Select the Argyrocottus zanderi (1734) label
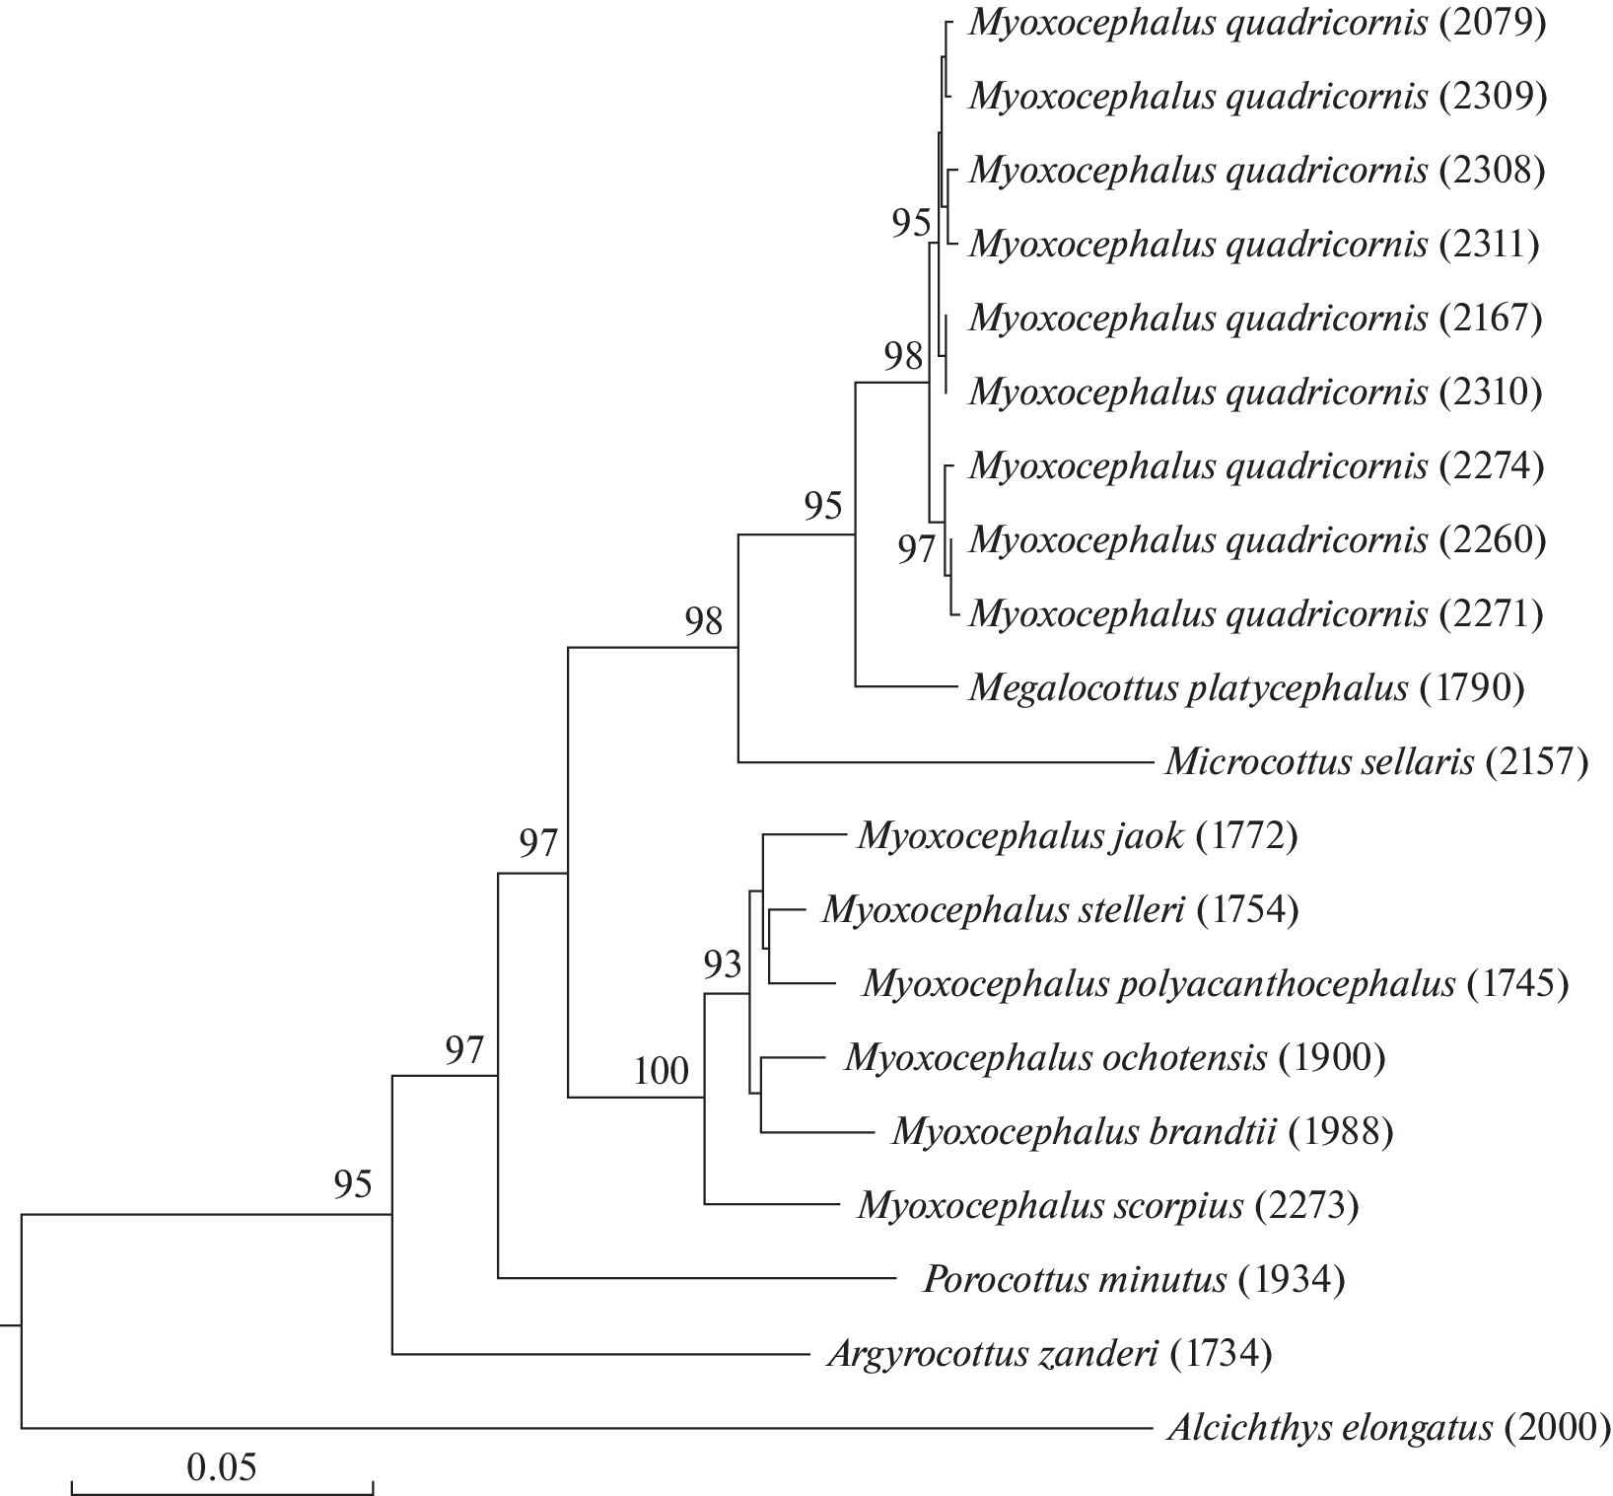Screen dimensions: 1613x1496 click(1049, 1354)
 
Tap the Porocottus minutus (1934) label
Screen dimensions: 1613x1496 click(1134, 1280)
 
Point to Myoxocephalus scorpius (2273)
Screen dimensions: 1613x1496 click(1108, 1205)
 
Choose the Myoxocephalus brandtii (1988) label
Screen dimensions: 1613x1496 click(1143, 1131)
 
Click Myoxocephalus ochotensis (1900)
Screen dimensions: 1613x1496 click(1115, 1057)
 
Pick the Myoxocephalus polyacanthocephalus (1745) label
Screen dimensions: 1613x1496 click(1215, 983)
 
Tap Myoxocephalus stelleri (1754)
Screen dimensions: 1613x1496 click(1060, 909)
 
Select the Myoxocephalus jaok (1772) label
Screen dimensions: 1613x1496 click(1078, 836)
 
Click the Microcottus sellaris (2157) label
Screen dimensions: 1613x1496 click(1376, 761)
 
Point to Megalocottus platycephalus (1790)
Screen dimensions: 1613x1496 click(1246, 687)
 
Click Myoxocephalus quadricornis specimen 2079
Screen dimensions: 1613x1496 click(1256, 24)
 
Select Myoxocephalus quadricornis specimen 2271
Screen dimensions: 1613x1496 click(1256, 614)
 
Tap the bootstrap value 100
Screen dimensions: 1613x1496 click(661, 1070)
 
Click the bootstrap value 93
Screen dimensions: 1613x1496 click(722, 964)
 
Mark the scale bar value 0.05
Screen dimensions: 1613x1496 click(221, 1467)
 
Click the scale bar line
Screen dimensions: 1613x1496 click(222, 1486)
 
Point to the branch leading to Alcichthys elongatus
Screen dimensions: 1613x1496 click(586, 1427)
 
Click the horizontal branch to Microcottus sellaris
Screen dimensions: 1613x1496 click(944, 761)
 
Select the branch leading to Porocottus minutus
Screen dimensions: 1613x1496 click(696, 1279)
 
